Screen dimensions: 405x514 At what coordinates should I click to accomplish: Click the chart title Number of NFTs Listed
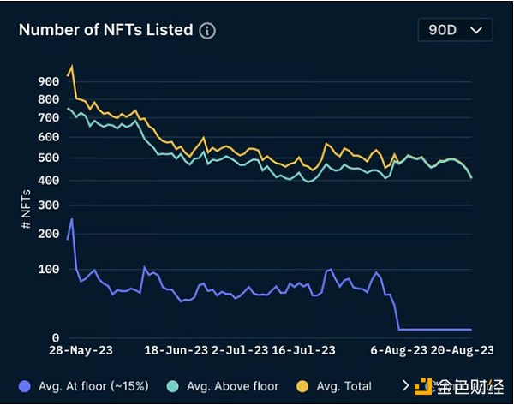[x=105, y=30]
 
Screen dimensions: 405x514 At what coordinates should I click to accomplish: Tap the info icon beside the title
[x=207, y=31]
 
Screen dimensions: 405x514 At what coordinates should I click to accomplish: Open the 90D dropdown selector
[x=455, y=30]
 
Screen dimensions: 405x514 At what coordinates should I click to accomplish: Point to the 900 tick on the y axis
[x=50, y=81]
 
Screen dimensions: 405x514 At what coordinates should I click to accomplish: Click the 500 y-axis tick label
[x=50, y=158]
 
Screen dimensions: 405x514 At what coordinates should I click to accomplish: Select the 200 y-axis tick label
[x=50, y=234]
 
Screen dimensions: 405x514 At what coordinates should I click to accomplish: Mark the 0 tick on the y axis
[x=56, y=337]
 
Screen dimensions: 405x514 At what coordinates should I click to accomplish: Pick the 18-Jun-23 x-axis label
[x=176, y=351]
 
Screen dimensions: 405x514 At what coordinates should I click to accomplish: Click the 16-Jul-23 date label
[x=304, y=351]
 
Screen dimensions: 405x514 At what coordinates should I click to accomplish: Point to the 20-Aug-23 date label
[x=463, y=351]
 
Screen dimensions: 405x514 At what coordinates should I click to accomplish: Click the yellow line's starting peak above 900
[x=72, y=66]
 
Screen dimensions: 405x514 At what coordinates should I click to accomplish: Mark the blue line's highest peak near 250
[x=72, y=219]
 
